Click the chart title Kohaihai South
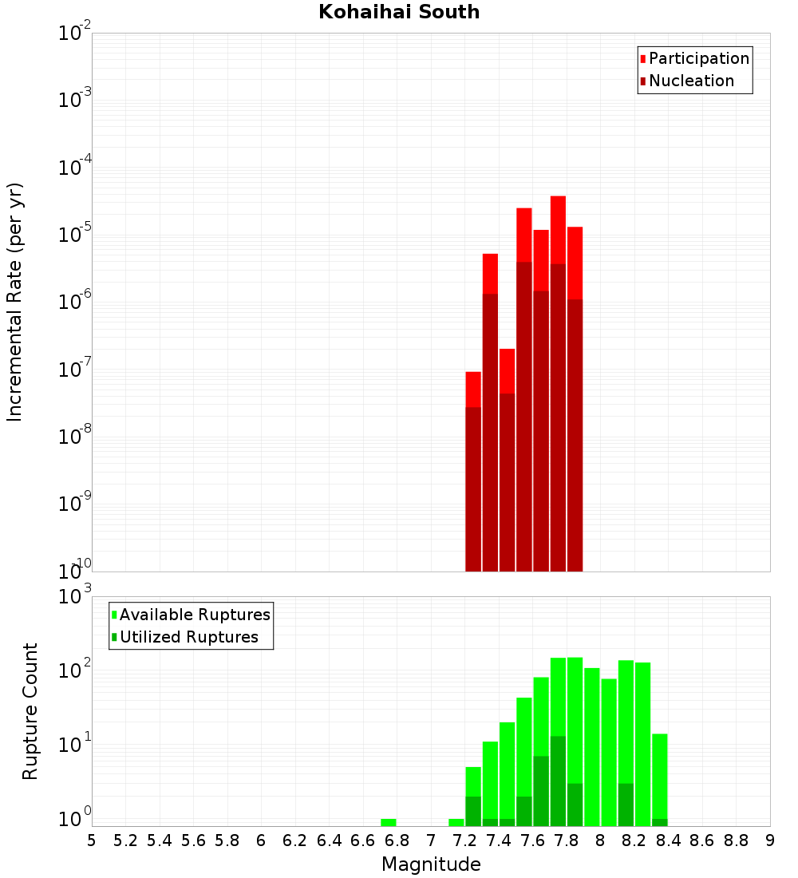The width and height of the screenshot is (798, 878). point(399,12)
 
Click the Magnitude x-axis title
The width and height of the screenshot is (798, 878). point(431,864)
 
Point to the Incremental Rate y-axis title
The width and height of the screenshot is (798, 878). point(15,302)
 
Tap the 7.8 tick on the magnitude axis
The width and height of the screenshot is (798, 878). point(634,840)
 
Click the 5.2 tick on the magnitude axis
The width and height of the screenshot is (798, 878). point(126,840)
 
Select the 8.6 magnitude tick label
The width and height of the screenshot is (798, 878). point(702,840)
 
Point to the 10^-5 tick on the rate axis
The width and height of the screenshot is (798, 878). point(75,235)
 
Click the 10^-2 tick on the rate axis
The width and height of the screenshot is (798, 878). point(75,34)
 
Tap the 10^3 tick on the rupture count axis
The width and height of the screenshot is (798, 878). point(75,596)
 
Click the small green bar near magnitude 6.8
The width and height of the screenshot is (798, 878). point(389,822)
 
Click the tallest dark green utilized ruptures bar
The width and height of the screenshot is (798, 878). point(558,778)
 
